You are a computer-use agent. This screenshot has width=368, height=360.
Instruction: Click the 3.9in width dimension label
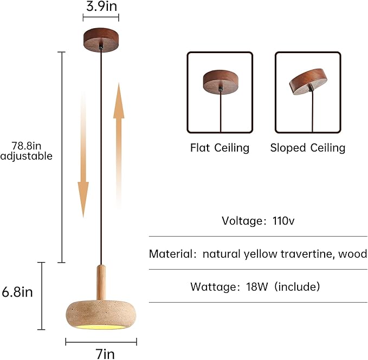[x=101, y=6]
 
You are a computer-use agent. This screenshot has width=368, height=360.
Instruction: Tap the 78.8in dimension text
[x=27, y=146]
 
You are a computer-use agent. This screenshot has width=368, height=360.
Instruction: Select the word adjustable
[x=26, y=156]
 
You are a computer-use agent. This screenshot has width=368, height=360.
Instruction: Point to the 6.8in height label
[x=17, y=292]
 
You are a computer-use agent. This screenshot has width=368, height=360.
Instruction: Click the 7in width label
[x=105, y=354]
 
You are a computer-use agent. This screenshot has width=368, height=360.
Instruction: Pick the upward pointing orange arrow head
[x=119, y=101]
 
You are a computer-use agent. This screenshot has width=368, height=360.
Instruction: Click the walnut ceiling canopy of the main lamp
[x=101, y=40]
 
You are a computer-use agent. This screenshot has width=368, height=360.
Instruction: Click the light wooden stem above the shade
[x=101, y=283]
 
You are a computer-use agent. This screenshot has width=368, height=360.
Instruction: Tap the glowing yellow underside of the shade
[x=101, y=327]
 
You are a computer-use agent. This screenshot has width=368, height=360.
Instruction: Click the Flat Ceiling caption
[x=219, y=148]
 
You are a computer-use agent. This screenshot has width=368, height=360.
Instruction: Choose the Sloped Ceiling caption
[x=308, y=148]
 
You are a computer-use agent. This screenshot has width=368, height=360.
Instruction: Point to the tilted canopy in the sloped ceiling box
[x=308, y=82]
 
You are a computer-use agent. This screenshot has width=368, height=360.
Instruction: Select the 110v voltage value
[x=283, y=221]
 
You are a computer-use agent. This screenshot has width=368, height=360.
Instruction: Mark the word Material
[x=171, y=254]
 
